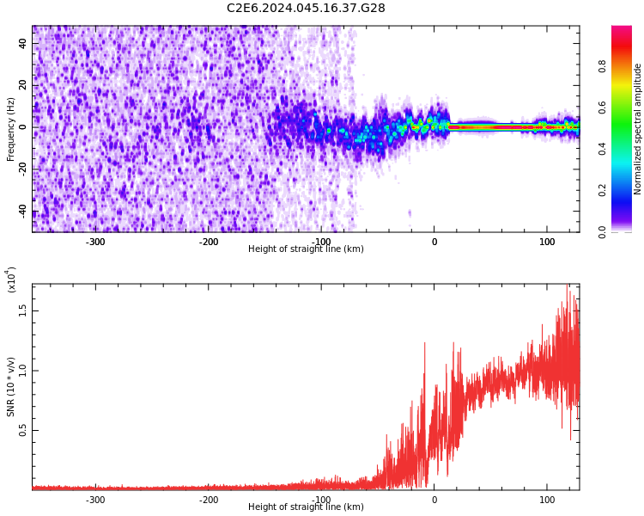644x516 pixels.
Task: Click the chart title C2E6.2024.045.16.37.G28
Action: (306, 9)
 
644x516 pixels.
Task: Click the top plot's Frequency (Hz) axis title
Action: (11, 128)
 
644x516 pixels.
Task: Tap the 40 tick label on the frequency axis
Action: (23, 44)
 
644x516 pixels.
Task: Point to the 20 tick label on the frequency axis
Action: (23, 86)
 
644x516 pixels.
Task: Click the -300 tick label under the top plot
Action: (95, 242)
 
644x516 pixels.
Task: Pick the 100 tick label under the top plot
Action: (547, 242)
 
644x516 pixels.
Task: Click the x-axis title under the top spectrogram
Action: (306, 249)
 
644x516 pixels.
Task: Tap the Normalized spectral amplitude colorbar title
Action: (638, 129)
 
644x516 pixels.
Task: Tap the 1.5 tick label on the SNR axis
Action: (23, 310)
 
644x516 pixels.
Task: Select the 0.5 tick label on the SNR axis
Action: (23, 431)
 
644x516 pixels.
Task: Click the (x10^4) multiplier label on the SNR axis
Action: (11, 279)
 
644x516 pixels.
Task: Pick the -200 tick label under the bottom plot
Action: (209, 500)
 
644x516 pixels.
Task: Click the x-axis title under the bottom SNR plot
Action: (306, 507)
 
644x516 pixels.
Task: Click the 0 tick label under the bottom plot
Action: (434, 500)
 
